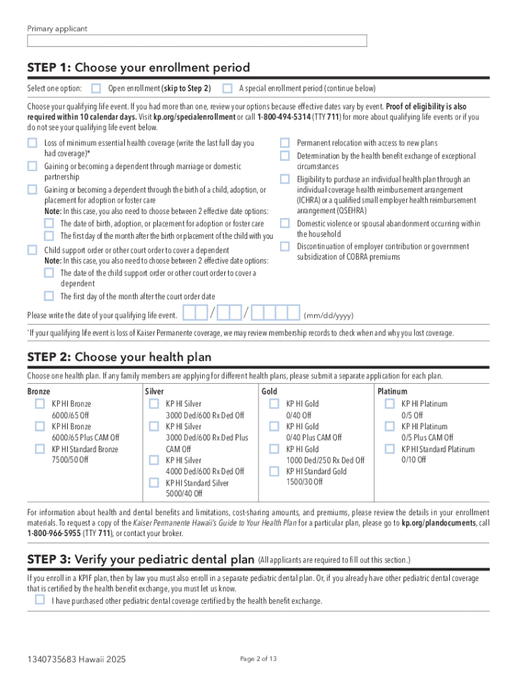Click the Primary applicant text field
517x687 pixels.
(197, 41)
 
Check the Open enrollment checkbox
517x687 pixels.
(97, 88)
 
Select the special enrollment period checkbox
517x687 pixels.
(228, 88)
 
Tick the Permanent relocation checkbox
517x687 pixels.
(285, 143)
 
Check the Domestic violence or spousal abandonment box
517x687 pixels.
(285, 223)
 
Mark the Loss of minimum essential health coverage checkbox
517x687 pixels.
(32, 143)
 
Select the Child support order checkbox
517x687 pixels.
(32, 250)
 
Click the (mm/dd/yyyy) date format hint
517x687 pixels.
(328, 315)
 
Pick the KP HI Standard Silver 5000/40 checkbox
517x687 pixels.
(153, 482)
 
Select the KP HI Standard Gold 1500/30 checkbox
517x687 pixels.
(274, 471)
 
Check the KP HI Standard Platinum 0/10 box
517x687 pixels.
(389, 449)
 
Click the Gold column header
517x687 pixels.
(269, 391)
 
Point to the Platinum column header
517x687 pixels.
(392, 391)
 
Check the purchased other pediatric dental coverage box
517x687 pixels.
(39, 600)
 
